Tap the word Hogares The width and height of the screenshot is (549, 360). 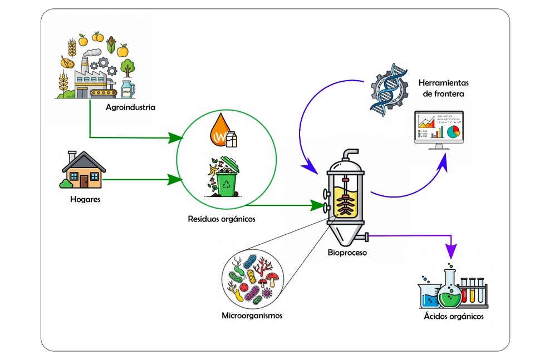tap(85, 199)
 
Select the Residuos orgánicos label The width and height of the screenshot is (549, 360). tap(222, 219)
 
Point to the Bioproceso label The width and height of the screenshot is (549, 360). tap(347, 253)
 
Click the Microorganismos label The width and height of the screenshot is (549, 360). tap(252, 315)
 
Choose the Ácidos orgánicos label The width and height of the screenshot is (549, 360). tap(453, 317)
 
